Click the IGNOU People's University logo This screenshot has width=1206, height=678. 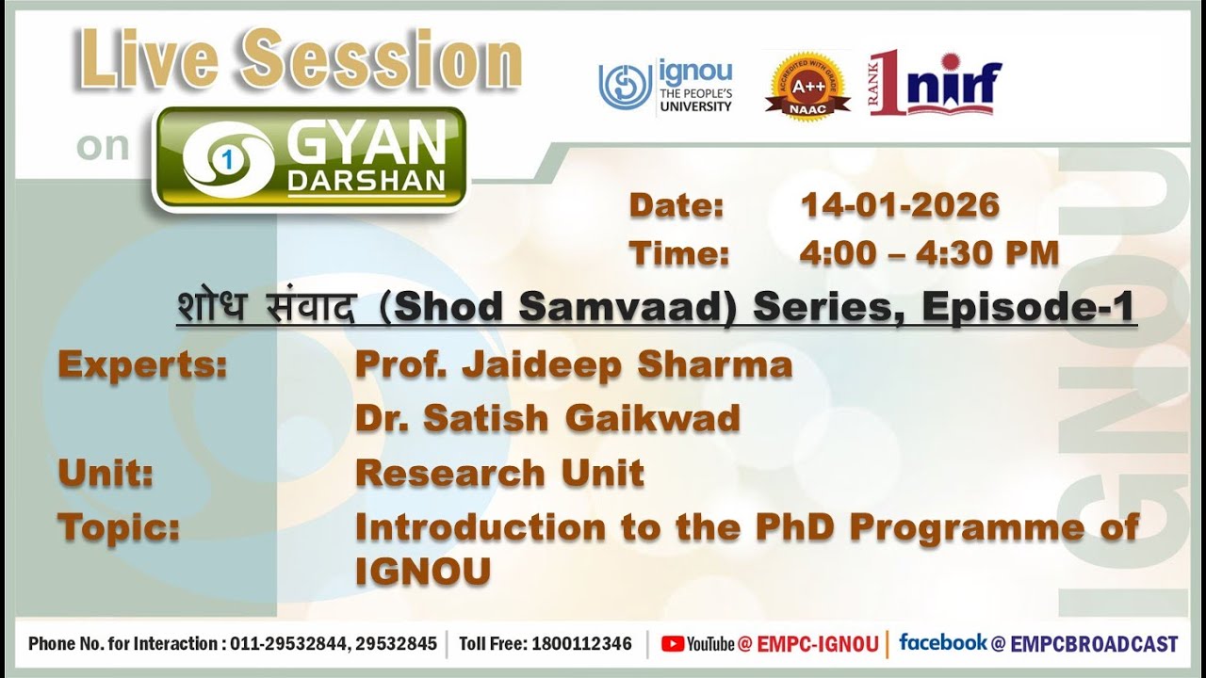click(665, 87)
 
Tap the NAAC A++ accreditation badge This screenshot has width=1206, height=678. click(807, 86)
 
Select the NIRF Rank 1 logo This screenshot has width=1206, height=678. click(935, 84)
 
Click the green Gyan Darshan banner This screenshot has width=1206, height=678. click(310, 158)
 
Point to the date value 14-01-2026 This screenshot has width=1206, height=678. click(899, 205)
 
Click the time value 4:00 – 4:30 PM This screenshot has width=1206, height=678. click(929, 253)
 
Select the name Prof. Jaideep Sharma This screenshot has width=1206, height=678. click(573, 365)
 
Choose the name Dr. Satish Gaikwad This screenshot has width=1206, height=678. click(547, 418)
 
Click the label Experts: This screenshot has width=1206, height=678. click(142, 365)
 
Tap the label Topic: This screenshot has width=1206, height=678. click(119, 527)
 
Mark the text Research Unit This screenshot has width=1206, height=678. click(499, 473)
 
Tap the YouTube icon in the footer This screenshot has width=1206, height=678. click(673, 644)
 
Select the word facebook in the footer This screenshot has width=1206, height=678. click(942, 643)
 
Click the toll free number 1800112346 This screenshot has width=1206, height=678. click(581, 644)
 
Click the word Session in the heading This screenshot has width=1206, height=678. click(383, 61)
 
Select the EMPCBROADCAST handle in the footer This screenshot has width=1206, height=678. click(1094, 644)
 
